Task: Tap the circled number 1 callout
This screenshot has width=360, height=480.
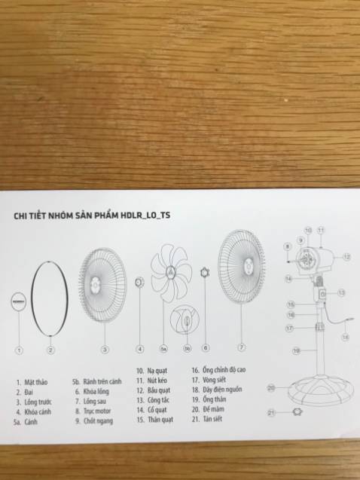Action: click(19, 350)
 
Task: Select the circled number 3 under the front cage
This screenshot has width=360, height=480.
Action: click(105, 349)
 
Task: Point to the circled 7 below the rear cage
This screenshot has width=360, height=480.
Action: click(241, 348)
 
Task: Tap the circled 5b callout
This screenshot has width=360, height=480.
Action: click(188, 349)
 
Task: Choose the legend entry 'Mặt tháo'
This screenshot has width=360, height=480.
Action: click(35, 382)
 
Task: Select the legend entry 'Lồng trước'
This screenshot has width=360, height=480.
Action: click(36, 403)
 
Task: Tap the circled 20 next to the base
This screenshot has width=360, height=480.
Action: click(270, 387)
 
